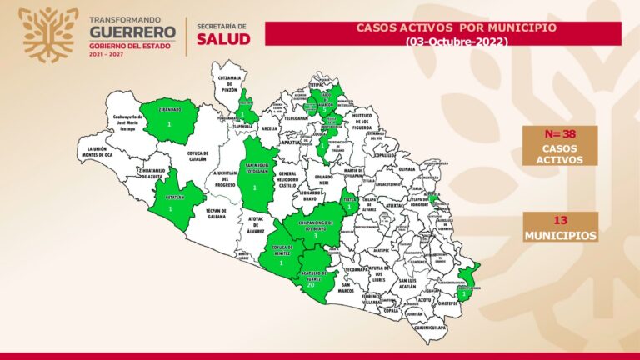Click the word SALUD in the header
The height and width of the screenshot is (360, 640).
[x=222, y=39]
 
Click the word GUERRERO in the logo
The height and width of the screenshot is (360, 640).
[x=132, y=32]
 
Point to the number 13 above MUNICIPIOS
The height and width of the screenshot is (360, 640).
[x=560, y=221]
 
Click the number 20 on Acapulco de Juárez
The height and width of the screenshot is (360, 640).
[x=310, y=285]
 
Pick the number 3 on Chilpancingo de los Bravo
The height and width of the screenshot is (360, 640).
[x=315, y=237]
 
